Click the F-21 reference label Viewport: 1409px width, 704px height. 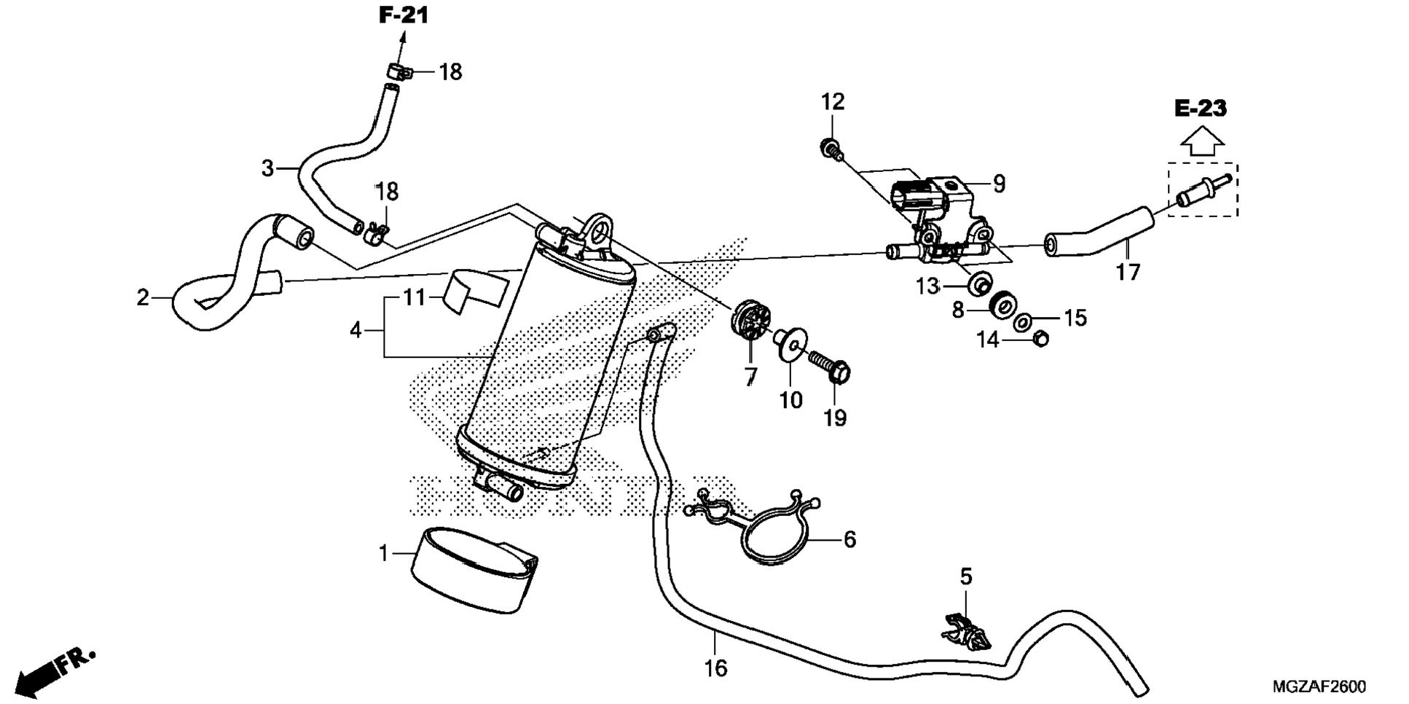(x=403, y=15)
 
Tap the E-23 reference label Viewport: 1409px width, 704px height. (x=1201, y=109)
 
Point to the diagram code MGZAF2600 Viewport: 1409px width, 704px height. (x=1319, y=687)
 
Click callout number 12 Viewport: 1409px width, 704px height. (x=833, y=102)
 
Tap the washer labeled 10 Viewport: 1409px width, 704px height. (x=790, y=343)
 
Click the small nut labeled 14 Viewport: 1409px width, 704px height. (x=1040, y=338)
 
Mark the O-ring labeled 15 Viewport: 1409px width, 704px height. (x=1024, y=321)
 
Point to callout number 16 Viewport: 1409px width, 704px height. (x=716, y=668)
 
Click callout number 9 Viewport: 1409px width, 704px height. (x=999, y=184)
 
